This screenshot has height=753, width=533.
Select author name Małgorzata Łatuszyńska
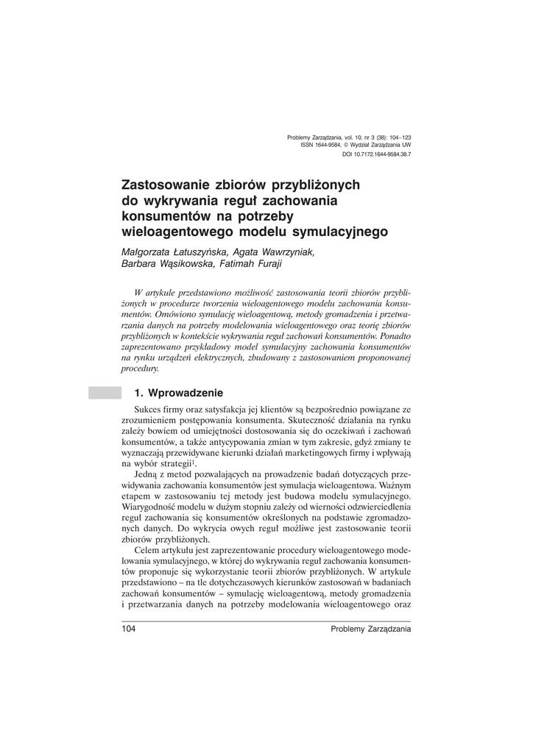[174, 251]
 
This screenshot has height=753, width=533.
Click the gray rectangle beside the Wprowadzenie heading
[104, 393]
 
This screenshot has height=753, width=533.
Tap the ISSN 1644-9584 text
[320, 146]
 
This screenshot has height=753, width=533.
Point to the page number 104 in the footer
[129, 629]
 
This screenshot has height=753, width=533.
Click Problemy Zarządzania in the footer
[371, 629]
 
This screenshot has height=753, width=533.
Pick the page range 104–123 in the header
[397, 138]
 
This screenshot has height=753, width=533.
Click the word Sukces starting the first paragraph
[149, 409]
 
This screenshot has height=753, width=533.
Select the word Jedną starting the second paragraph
[148, 475]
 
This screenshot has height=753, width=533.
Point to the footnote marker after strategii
[194, 461]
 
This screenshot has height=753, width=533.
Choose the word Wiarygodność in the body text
[151, 508]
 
